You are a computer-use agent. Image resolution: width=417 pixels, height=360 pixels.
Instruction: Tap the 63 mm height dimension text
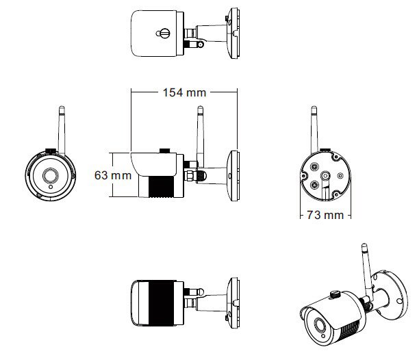point(112,175)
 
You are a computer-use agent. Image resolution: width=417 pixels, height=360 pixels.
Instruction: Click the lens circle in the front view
point(51,176)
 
